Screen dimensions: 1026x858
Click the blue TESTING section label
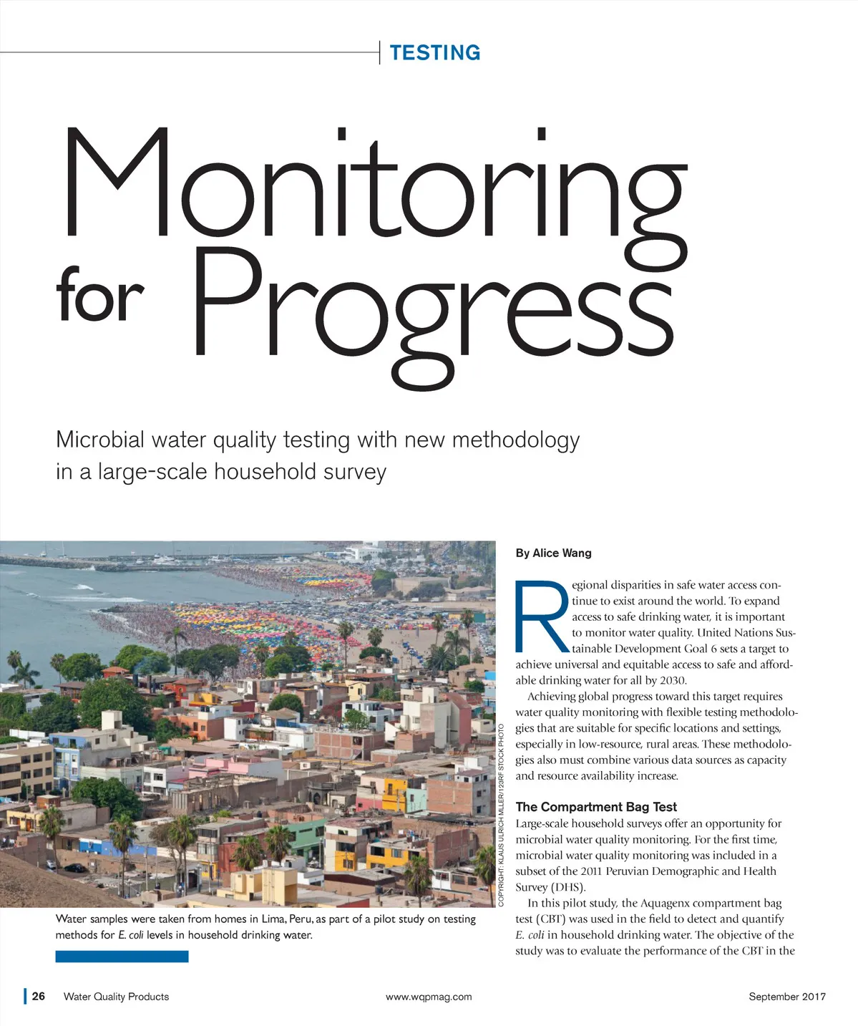(434, 53)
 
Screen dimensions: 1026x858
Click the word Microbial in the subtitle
(100, 439)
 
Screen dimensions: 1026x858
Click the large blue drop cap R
(542, 616)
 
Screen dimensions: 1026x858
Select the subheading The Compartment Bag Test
(595, 806)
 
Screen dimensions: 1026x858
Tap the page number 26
(39, 996)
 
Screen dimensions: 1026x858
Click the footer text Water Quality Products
(116, 996)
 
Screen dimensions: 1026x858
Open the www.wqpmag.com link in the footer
(429, 996)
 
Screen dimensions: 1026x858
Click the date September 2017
(787, 996)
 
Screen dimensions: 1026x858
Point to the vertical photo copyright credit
(502, 815)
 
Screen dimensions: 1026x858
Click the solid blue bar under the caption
(122, 956)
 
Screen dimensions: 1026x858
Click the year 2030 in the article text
(673, 680)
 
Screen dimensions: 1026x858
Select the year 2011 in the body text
(590, 871)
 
